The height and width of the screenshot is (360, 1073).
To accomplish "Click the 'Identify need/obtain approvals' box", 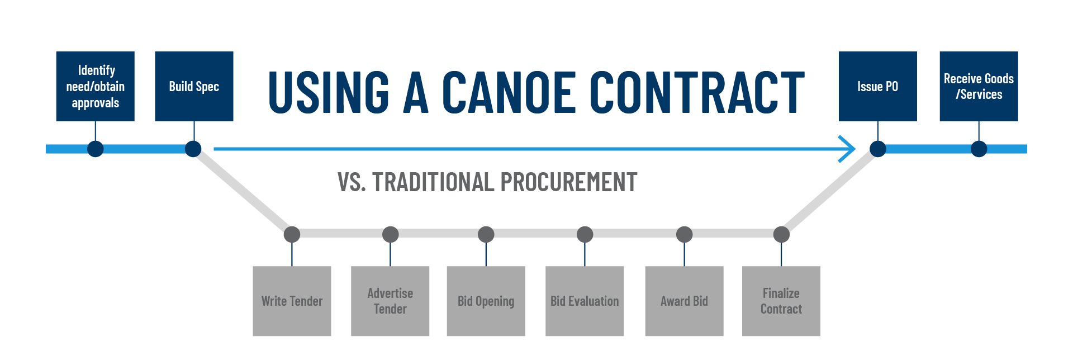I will (x=95, y=86).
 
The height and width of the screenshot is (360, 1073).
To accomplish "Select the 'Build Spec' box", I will (x=194, y=86).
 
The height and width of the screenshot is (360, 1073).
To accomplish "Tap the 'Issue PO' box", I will (x=877, y=86).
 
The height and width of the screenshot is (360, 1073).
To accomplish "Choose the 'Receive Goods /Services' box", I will (x=979, y=86).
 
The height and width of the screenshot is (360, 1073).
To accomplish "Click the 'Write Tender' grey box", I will (x=292, y=301).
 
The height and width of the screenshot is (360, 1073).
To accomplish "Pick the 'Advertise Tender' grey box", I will (x=390, y=301).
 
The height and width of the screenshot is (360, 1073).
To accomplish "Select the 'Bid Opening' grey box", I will (x=486, y=301).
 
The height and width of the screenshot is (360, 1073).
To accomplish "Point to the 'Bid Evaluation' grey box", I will (x=585, y=301).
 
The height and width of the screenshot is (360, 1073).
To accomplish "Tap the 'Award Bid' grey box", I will (x=684, y=301).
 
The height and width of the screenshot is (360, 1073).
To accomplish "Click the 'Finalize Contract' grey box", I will (x=781, y=301).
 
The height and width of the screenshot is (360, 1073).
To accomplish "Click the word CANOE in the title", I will (x=509, y=92).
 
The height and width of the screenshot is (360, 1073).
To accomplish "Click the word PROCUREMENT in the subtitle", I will (x=568, y=182).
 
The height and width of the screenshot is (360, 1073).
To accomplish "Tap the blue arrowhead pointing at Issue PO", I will (x=849, y=149).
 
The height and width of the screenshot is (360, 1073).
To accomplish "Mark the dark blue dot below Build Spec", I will (x=193, y=149).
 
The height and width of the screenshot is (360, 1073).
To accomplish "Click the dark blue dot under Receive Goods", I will (x=979, y=149).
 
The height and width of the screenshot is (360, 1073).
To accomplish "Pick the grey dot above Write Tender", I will (x=292, y=234).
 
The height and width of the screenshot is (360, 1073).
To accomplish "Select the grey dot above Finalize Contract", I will (x=781, y=234).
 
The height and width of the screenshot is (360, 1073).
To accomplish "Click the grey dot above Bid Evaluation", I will (x=585, y=234).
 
